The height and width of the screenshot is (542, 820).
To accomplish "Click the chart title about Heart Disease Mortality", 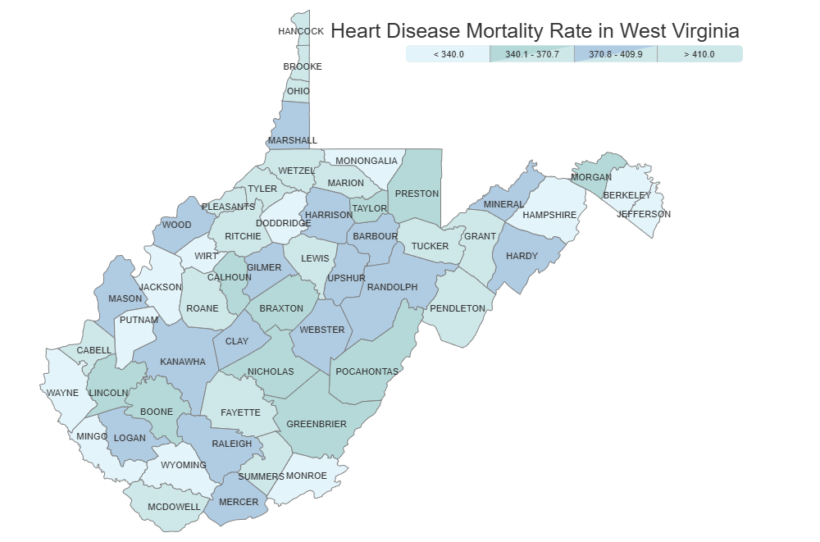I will pos(535,31).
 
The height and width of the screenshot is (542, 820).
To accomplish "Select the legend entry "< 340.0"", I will pos(449,54).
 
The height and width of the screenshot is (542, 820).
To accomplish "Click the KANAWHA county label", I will pos(183,362).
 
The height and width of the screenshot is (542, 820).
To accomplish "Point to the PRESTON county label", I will pos(417,194).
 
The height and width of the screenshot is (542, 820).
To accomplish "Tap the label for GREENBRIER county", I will pos(317,424).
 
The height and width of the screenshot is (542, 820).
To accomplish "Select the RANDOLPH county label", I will pos(393,287).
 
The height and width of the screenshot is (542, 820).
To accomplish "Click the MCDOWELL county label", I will pos(174,507).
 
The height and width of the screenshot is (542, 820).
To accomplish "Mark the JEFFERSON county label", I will pos(644,214).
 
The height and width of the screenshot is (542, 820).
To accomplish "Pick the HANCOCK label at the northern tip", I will pos(301,31).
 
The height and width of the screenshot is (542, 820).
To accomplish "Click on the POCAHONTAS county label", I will pos(367,371).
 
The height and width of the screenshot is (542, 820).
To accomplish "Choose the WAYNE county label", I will pos(62,393).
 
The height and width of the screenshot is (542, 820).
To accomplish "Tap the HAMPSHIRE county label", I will pos(550,215).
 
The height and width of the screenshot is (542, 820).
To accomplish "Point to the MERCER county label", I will pos(239,502).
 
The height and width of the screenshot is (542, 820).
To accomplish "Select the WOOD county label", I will pos(176,225).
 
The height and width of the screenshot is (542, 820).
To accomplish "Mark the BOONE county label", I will pos(157,412).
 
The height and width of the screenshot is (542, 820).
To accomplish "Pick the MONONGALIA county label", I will pos(367,161).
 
